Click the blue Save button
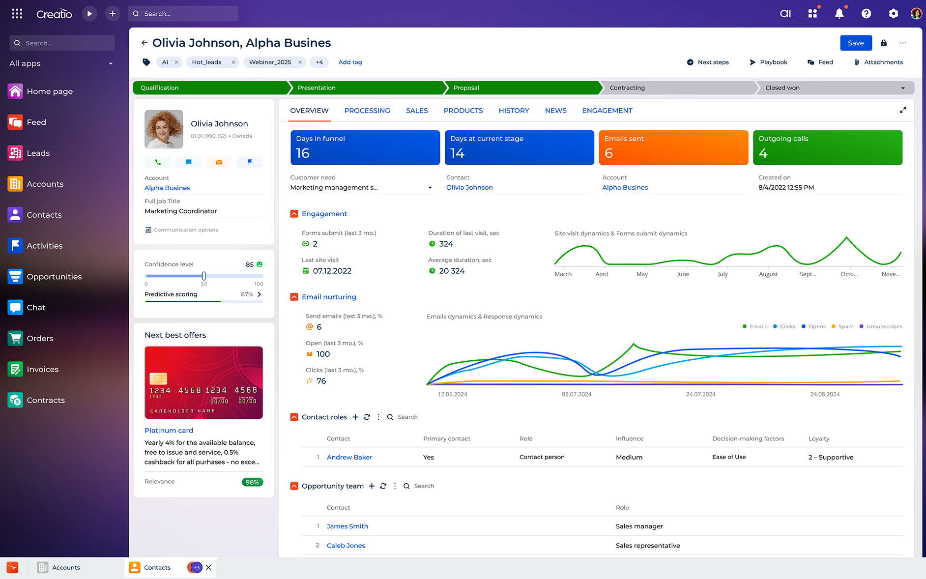855,43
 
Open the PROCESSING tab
367,111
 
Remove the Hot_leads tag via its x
233,62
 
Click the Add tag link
350,62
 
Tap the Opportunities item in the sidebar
54,277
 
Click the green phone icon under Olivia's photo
158,162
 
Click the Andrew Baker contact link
349,457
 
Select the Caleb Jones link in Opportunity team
346,546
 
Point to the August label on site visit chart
768,274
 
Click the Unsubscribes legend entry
884,326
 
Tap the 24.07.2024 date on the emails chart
700,394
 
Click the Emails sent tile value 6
608,153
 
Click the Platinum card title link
169,431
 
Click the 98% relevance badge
252,482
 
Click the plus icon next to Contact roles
355,417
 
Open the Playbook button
768,62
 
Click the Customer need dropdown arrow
430,188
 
